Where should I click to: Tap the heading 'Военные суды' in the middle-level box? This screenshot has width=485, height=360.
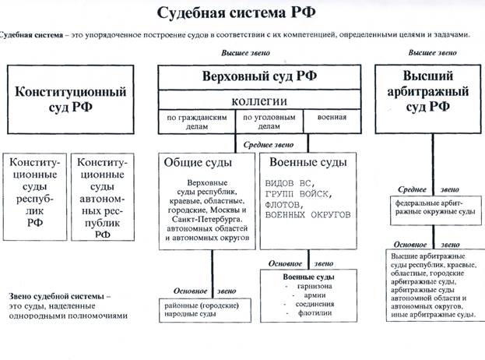tap(305, 163)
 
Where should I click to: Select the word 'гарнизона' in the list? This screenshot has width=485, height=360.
tap(305, 286)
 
